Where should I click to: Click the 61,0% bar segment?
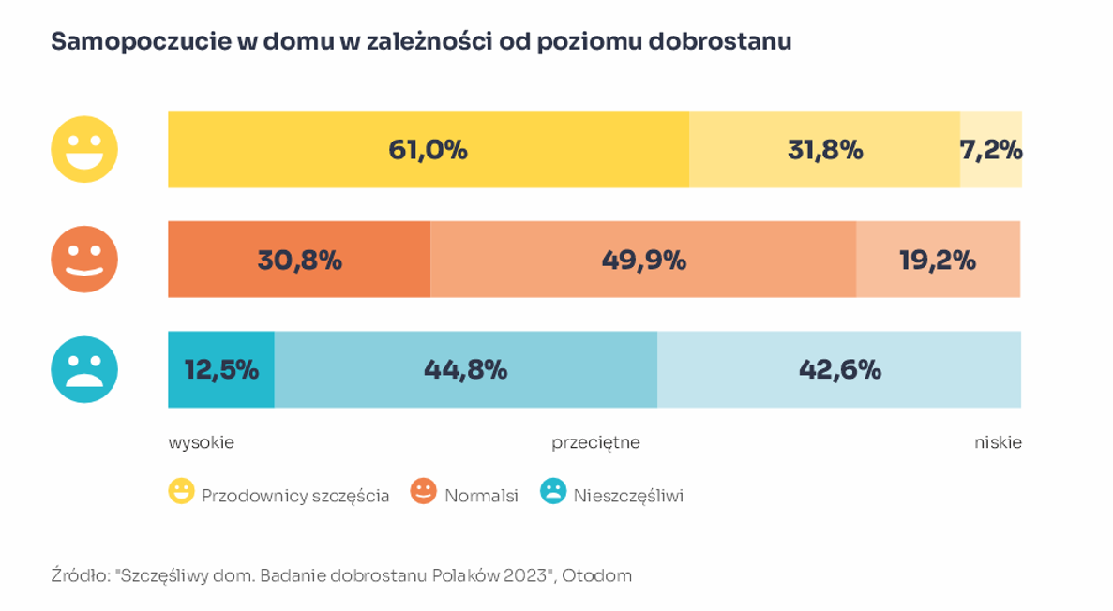coord(428,149)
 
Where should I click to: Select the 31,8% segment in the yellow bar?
coord(824,149)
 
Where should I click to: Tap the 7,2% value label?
coord(991,150)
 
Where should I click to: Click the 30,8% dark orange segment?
coord(299,260)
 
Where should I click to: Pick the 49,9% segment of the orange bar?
coord(643,260)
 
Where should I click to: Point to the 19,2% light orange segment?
coord(938,260)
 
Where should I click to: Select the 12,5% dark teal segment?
coord(221,369)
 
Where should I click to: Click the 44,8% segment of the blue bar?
coord(465,369)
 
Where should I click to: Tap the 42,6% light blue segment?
coord(839,369)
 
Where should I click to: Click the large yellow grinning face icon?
coord(84,149)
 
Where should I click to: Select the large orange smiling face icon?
coord(84,260)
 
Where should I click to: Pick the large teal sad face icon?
coord(84,369)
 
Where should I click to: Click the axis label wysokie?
coord(201,442)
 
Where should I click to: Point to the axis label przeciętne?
coord(595,442)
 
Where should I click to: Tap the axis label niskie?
coord(998,442)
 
